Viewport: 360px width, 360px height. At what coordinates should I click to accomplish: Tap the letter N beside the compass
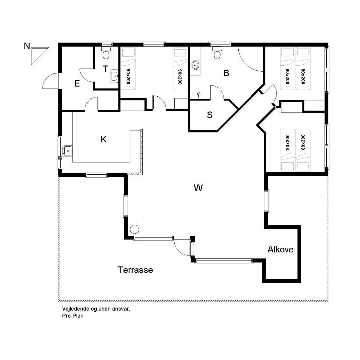click(x=27, y=46)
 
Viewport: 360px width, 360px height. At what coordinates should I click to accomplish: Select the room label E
click(x=77, y=83)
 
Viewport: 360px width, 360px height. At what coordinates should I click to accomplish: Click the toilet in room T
click(x=106, y=53)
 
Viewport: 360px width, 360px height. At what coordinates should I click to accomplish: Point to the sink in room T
click(x=114, y=76)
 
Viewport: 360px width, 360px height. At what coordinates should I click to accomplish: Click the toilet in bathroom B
click(x=217, y=53)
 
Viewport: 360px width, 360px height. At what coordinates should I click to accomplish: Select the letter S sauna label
click(x=210, y=115)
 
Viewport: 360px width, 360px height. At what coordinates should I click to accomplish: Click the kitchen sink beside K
click(x=67, y=151)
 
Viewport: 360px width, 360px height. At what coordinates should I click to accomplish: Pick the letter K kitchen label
click(x=104, y=139)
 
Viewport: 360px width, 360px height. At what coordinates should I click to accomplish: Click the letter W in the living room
click(x=198, y=188)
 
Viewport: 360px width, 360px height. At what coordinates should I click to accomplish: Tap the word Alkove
click(x=280, y=249)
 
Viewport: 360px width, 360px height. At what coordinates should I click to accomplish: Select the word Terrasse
click(x=135, y=270)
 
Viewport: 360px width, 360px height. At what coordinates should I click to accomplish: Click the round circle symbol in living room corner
click(x=135, y=229)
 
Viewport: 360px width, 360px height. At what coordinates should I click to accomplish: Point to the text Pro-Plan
click(x=73, y=316)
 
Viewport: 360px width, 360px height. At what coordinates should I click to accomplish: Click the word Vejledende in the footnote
click(x=76, y=309)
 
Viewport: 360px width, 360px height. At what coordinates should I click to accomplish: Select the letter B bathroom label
click(x=226, y=73)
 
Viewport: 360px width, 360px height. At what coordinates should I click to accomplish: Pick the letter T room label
click(x=105, y=69)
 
